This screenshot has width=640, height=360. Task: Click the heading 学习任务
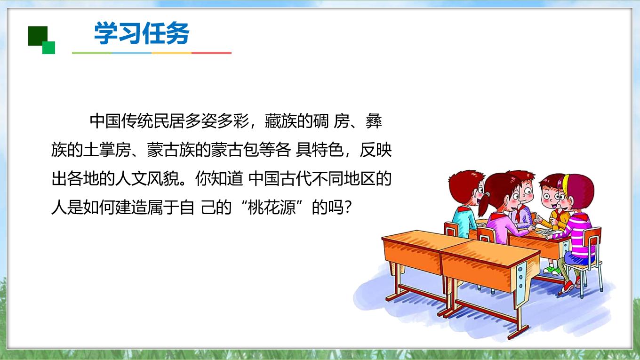coord(142,33)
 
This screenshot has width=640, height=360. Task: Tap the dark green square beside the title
coord(38,36)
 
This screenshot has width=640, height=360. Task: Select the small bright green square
coord(48,48)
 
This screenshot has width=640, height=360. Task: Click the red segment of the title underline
coord(211,53)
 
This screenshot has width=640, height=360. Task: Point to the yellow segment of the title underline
coord(171,53)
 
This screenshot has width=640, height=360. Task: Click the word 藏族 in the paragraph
coord(280,121)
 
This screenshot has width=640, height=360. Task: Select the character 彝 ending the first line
coord(374,121)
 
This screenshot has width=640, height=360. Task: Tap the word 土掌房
coord(107,150)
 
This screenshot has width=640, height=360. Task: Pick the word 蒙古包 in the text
coord(235,150)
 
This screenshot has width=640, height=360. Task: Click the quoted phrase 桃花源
coord(272,207)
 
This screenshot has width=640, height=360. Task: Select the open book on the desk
coord(546,232)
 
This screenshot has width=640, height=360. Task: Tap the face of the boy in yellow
coord(550,197)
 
